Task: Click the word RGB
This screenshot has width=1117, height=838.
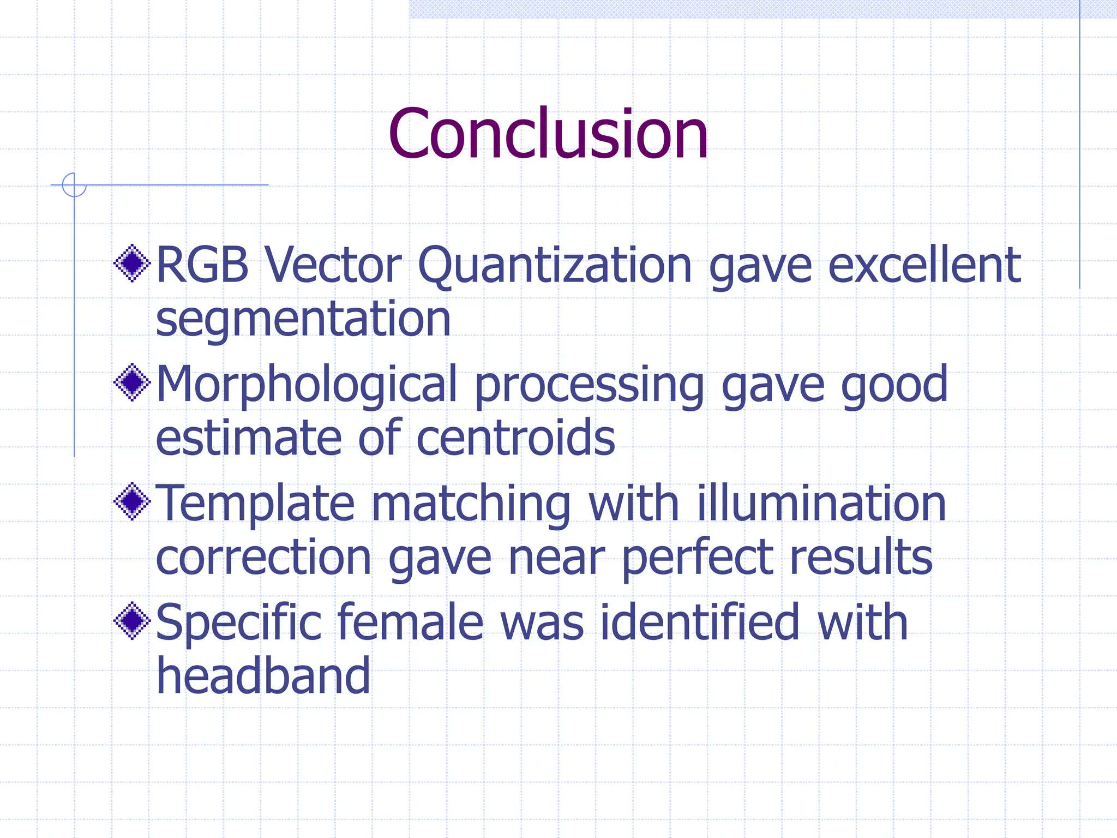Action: (202, 265)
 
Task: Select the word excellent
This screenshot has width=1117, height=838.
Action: (924, 265)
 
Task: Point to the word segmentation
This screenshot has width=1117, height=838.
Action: (303, 321)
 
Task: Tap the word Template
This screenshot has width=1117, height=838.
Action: (255, 505)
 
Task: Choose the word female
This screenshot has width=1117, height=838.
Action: (410, 622)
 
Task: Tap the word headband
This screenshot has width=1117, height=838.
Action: (263, 676)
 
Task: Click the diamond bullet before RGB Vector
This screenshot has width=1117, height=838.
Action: (132, 264)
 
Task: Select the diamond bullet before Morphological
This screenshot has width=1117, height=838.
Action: (132, 382)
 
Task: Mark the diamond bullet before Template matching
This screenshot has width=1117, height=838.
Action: (132, 501)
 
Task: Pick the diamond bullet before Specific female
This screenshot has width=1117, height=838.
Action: (132, 620)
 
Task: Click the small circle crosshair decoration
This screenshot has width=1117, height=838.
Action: (74, 185)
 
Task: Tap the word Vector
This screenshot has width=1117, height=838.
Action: (333, 265)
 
